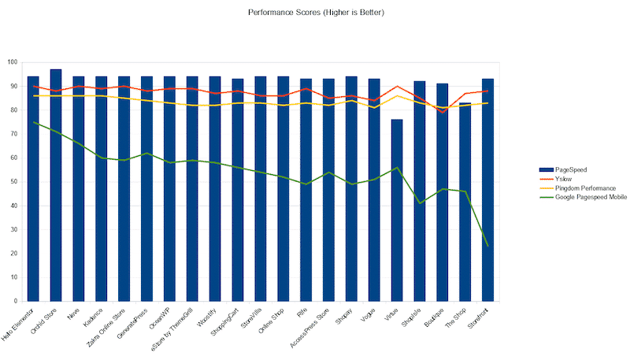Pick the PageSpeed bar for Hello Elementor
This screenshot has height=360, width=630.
33,189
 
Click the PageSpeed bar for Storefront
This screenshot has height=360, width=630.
487,190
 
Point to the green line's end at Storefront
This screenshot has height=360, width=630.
487,246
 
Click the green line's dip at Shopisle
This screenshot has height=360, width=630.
420,203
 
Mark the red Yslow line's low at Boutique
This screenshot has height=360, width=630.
442,112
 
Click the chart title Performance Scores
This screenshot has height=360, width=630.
316,13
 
